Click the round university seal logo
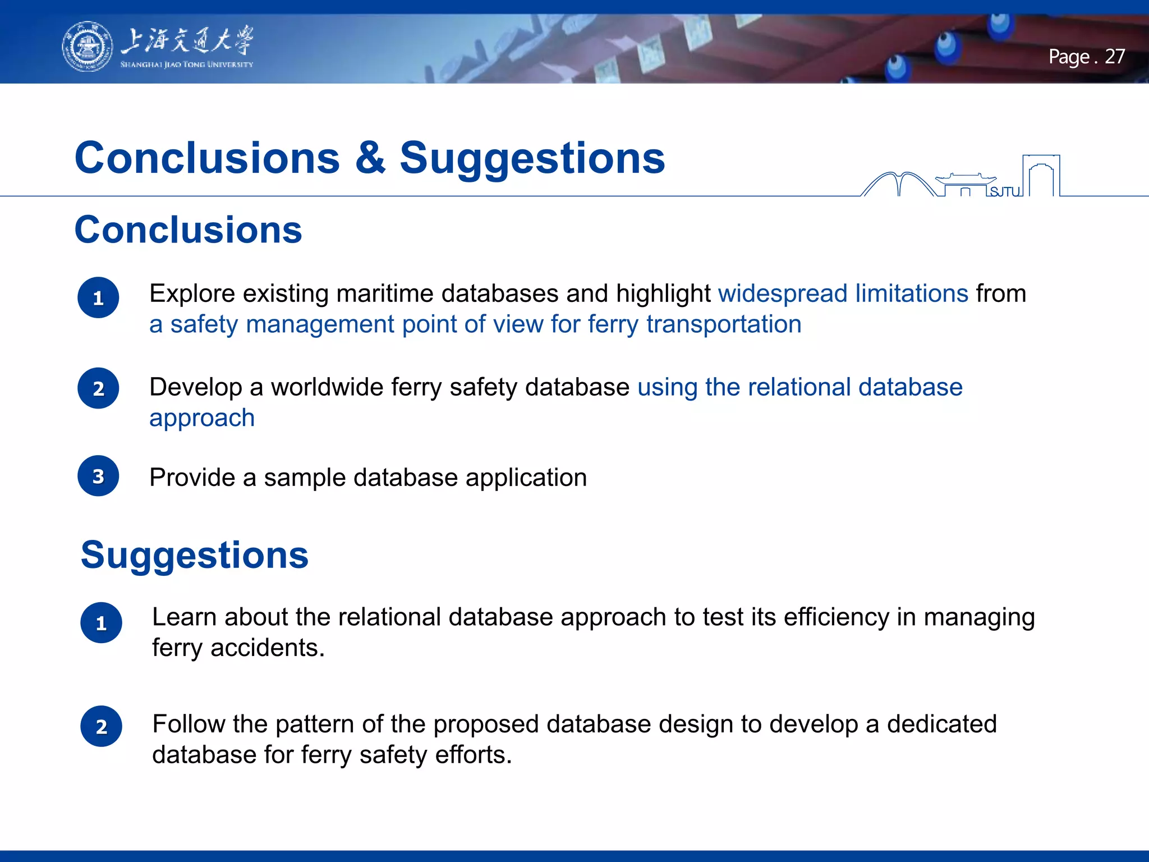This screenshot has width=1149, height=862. (x=87, y=47)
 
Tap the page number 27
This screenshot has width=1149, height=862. (x=1114, y=57)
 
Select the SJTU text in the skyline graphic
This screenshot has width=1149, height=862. (x=1004, y=192)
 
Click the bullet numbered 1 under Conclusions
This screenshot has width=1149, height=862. (x=98, y=297)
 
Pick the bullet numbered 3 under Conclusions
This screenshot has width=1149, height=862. (x=98, y=476)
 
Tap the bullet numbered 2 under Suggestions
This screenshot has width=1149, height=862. (x=101, y=726)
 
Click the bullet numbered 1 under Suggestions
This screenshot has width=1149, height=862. (x=101, y=623)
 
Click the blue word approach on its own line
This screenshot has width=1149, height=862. (x=202, y=418)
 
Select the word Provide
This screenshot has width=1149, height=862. (x=192, y=478)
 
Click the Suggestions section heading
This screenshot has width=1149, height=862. (x=195, y=554)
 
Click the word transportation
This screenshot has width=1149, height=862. (x=724, y=324)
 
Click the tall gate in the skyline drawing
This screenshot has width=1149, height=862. (x=1041, y=175)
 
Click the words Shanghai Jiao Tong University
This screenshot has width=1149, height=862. (x=186, y=65)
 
